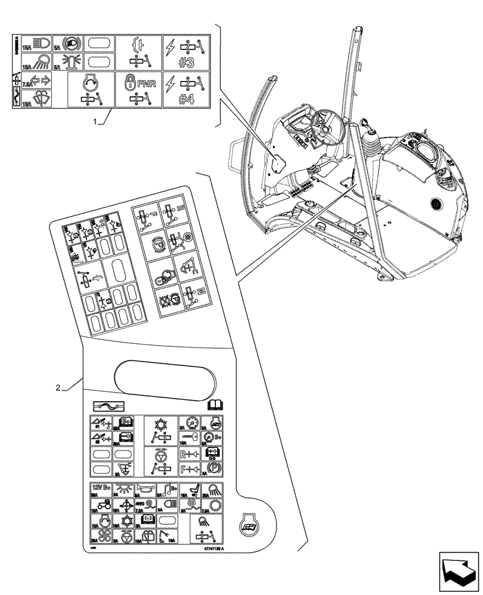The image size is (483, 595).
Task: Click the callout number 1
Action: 95,121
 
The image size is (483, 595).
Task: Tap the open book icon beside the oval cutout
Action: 214,405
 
